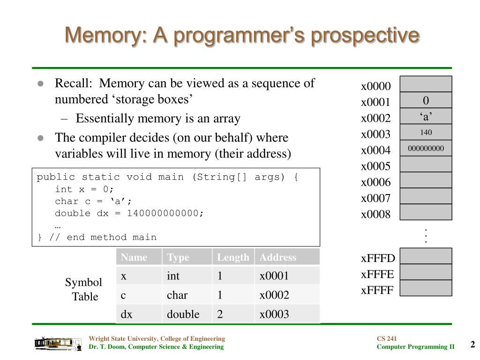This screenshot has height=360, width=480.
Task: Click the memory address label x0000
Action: click(375, 87)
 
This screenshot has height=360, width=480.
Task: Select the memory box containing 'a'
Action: click(426, 116)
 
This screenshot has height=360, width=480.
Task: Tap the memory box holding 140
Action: click(426, 132)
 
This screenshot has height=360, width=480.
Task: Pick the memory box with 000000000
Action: click(426, 149)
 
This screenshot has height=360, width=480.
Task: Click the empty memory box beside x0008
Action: click(426, 212)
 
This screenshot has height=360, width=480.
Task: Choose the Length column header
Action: click(233, 257)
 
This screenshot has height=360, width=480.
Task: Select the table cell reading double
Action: click(183, 314)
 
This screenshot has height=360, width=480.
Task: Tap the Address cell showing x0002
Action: click(274, 295)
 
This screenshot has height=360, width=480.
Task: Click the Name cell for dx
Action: click(127, 314)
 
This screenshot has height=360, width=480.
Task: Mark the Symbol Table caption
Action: click(83, 289)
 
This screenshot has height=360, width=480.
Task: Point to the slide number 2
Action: click(472, 345)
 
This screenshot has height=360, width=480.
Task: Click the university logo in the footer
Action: click(54, 343)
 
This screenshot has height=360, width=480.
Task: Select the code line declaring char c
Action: click(93, 201)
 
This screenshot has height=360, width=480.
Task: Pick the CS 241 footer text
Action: click(387, 338)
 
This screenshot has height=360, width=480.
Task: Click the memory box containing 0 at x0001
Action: click(426, 100)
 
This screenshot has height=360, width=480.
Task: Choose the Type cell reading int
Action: click(173, 276)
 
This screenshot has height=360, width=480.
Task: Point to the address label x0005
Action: click(375, 166)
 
